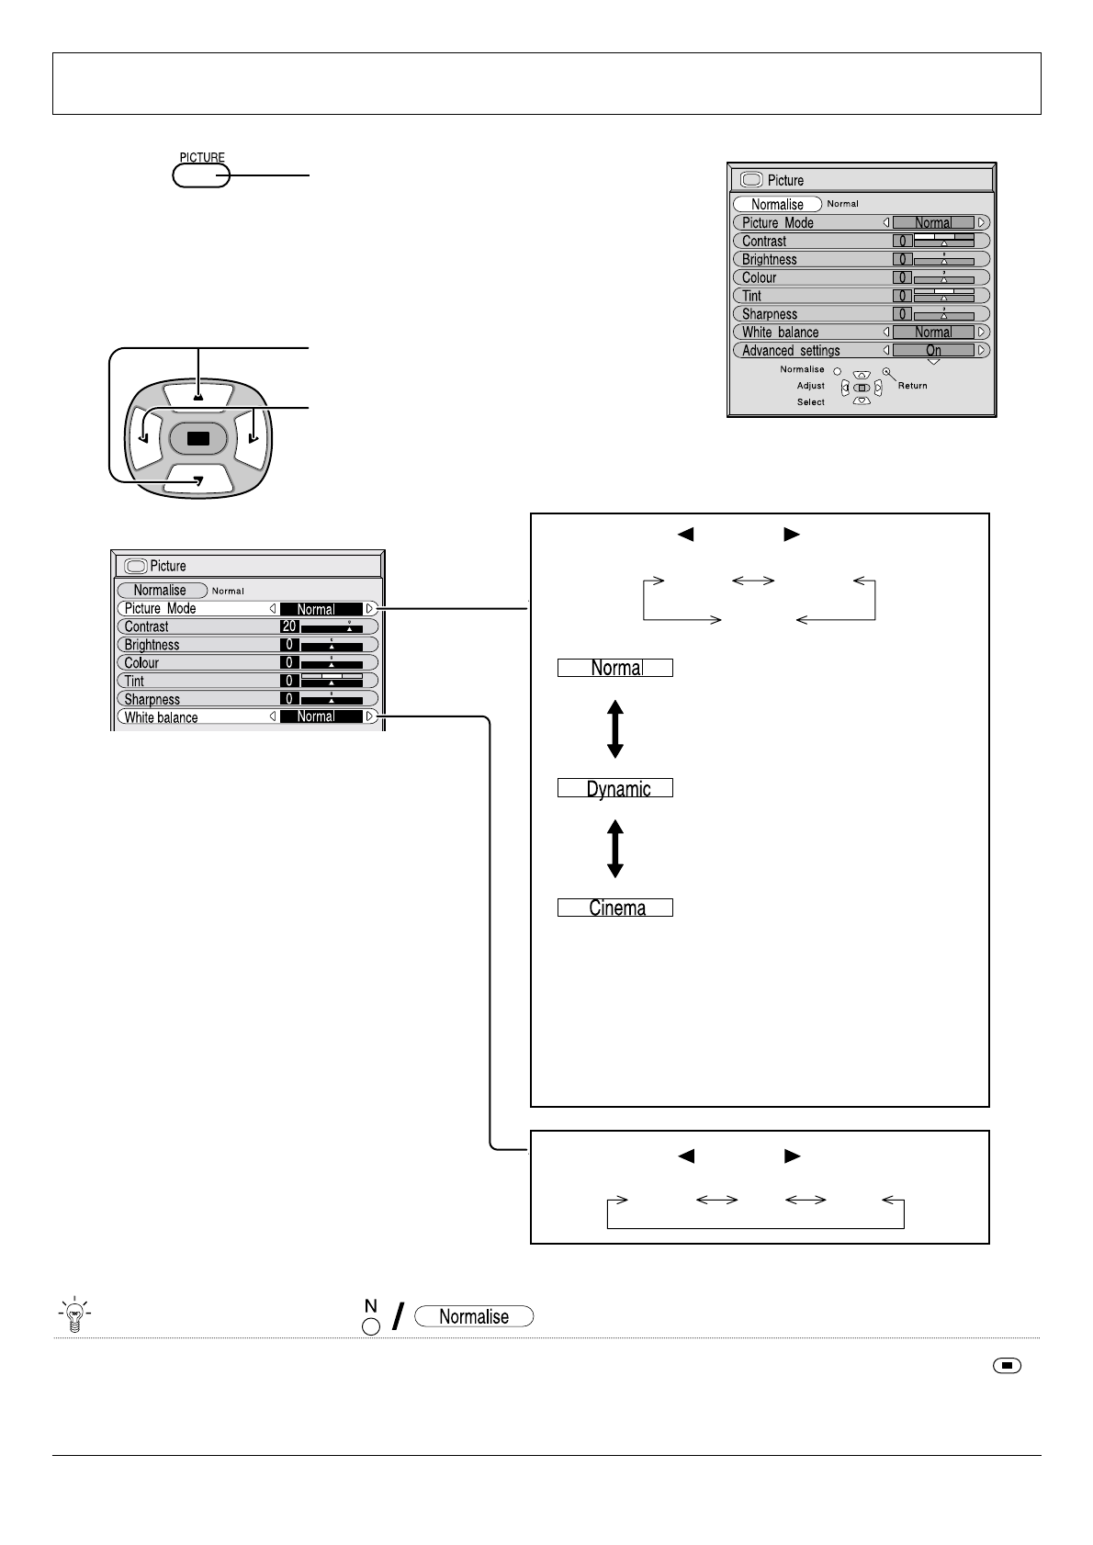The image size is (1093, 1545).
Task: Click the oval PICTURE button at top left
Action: pos(201,175)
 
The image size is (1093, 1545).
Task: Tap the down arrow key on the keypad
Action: pos(197,479)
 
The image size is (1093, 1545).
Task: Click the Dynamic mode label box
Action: pos(615,788)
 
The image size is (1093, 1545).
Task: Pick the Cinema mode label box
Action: pos(615,908)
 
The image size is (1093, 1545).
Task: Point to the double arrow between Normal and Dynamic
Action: pos(615,728)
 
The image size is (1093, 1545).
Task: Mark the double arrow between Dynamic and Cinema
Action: pos(615,849)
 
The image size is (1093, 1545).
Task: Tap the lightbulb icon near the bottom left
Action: pos(74,1315)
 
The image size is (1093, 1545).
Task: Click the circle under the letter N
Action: pos(371,1325)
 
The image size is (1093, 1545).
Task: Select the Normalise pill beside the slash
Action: pos(474,1316)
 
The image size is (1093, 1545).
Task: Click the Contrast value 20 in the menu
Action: pos(289,626)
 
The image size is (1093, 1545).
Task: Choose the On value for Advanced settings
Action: pos(933,350)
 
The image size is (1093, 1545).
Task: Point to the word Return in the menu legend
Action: pos(912,386)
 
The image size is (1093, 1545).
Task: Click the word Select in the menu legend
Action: pos(811,402)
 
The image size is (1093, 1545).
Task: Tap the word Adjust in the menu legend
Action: pos(811,386)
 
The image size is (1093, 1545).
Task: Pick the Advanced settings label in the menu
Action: pos(791,350)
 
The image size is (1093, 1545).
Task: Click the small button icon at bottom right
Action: pos(1007,1366)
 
